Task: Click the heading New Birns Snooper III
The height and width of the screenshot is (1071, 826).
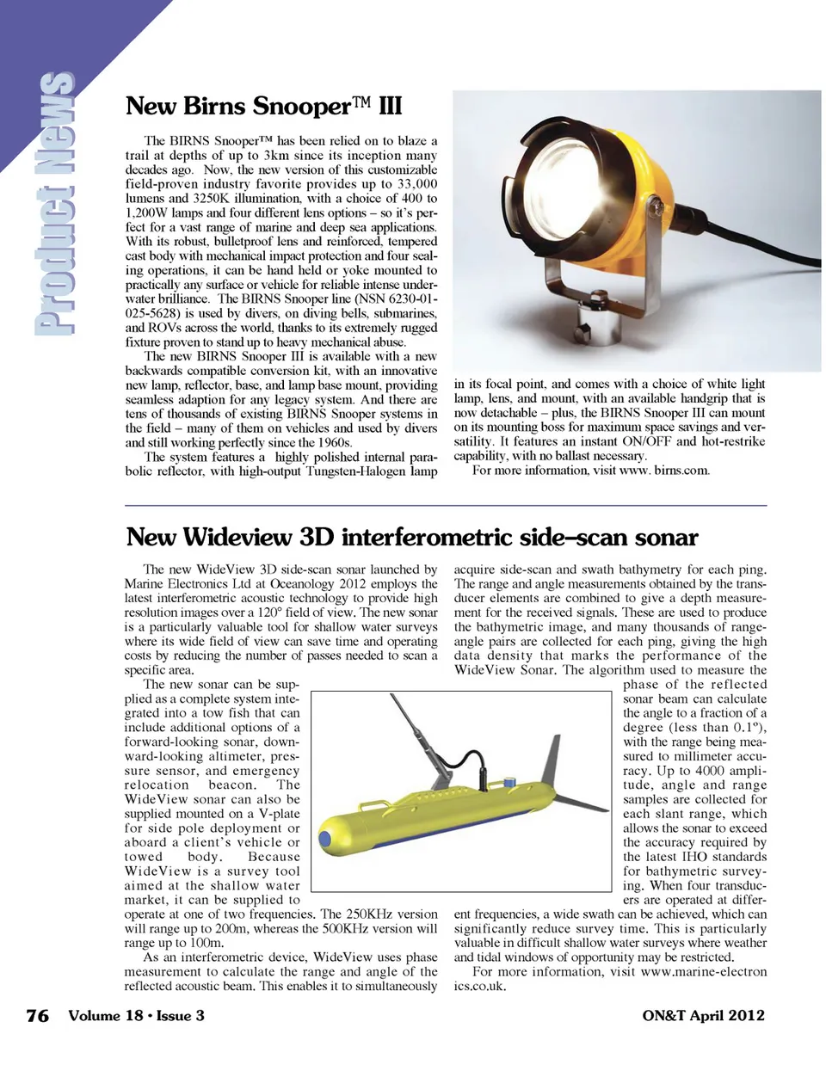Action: coord(263,107)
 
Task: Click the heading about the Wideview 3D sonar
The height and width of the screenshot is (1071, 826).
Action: coord(411,538)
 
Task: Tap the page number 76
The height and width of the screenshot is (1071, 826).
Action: coord(37,1015)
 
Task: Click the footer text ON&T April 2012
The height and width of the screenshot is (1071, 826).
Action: coord(703,1015)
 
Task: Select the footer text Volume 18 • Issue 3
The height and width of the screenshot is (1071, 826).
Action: coord(136,1015)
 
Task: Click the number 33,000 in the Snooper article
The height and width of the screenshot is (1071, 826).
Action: coord(416,184)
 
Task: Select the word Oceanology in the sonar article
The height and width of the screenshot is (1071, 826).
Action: coord(302,583)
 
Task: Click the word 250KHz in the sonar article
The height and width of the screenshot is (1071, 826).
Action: coord(368,914)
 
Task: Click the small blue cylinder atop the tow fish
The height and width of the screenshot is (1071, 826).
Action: coord(511,782)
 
